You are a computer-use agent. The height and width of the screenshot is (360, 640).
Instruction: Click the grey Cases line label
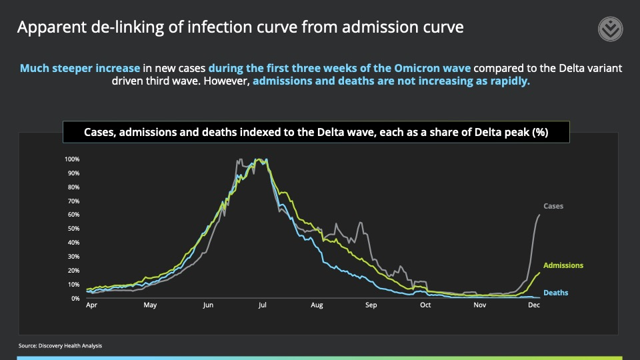(x=553, y=207)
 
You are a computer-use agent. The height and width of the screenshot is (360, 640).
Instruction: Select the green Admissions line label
(x=563, y=265)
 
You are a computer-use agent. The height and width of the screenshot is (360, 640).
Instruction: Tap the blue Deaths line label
(x=555, y=293)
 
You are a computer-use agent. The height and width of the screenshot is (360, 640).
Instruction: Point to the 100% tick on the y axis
(x=72, y=159)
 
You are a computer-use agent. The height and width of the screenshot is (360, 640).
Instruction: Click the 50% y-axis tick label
(x=73, y=229)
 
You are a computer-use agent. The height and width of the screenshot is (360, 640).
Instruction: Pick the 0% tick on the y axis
(x=75, y=299)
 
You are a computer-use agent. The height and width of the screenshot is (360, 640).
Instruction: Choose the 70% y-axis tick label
(x=73, y=201)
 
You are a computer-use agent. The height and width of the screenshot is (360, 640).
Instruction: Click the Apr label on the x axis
(x=92, y=305)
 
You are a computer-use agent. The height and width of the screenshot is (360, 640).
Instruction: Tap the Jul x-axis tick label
(x=262, y=305)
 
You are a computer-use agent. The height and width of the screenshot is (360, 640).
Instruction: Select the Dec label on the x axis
(x=533, y=305)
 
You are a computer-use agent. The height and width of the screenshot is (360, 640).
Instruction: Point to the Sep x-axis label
(x=371, y=305)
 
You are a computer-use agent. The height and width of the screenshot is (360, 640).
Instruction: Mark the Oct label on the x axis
(x=425, y=305)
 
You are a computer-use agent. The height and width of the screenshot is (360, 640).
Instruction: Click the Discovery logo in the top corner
(x=609, y=30)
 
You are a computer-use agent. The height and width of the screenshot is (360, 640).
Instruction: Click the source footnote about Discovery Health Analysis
(x=61, y=345)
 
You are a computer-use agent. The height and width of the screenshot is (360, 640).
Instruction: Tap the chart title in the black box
(x=316, y=132)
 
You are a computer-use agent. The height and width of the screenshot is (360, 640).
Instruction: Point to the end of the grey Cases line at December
(x=539, y=215)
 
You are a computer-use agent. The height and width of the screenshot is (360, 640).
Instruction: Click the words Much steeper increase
(x=79, y=69)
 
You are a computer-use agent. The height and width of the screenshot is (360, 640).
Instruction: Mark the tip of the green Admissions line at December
(x=539, y=272)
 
